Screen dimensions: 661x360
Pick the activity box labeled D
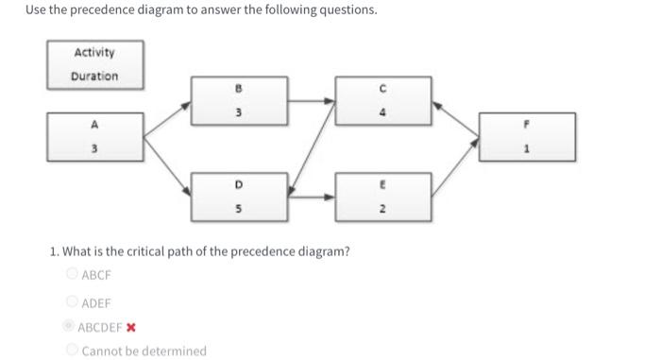click(x=238, y=197)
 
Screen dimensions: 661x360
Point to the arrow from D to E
click(x=310, y=197)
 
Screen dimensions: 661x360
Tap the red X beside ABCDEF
click(x=131, y=328)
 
